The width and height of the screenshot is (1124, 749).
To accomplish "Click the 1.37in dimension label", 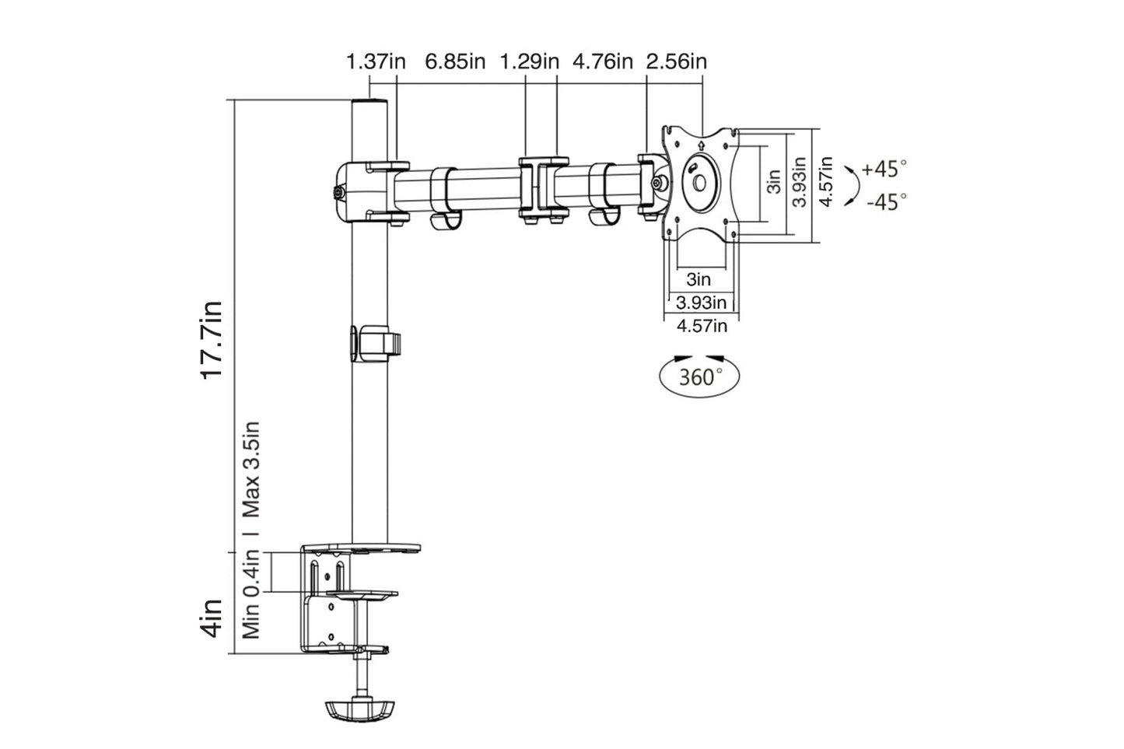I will click(x=376, y=61).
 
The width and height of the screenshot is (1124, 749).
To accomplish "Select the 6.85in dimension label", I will click(x=455, y=61).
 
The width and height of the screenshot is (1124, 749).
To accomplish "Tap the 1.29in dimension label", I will click(x=529, y=61).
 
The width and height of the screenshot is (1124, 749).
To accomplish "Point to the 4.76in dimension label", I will click(x=603, y=61).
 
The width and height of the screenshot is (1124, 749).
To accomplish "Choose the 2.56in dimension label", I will click(x=677, y=61).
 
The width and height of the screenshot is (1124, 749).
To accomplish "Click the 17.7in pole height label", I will click(x=212, y=339).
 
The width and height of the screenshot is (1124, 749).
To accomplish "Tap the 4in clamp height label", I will click(x=212, y=618).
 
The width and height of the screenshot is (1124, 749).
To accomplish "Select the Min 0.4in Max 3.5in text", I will click(x=250, y=530).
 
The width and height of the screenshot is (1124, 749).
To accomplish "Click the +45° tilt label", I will click(x=884, y=169).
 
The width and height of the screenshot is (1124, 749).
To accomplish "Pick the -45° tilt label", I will click(x=886, y=202).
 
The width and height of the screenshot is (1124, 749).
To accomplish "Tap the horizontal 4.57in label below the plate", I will click(x=702, y=326).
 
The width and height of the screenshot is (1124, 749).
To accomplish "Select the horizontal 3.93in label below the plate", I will click(x=702, y=302).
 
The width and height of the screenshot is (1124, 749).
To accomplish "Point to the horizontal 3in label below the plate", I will click(x=699, y=279).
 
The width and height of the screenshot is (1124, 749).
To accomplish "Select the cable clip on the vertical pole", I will click(x=374, y=343).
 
